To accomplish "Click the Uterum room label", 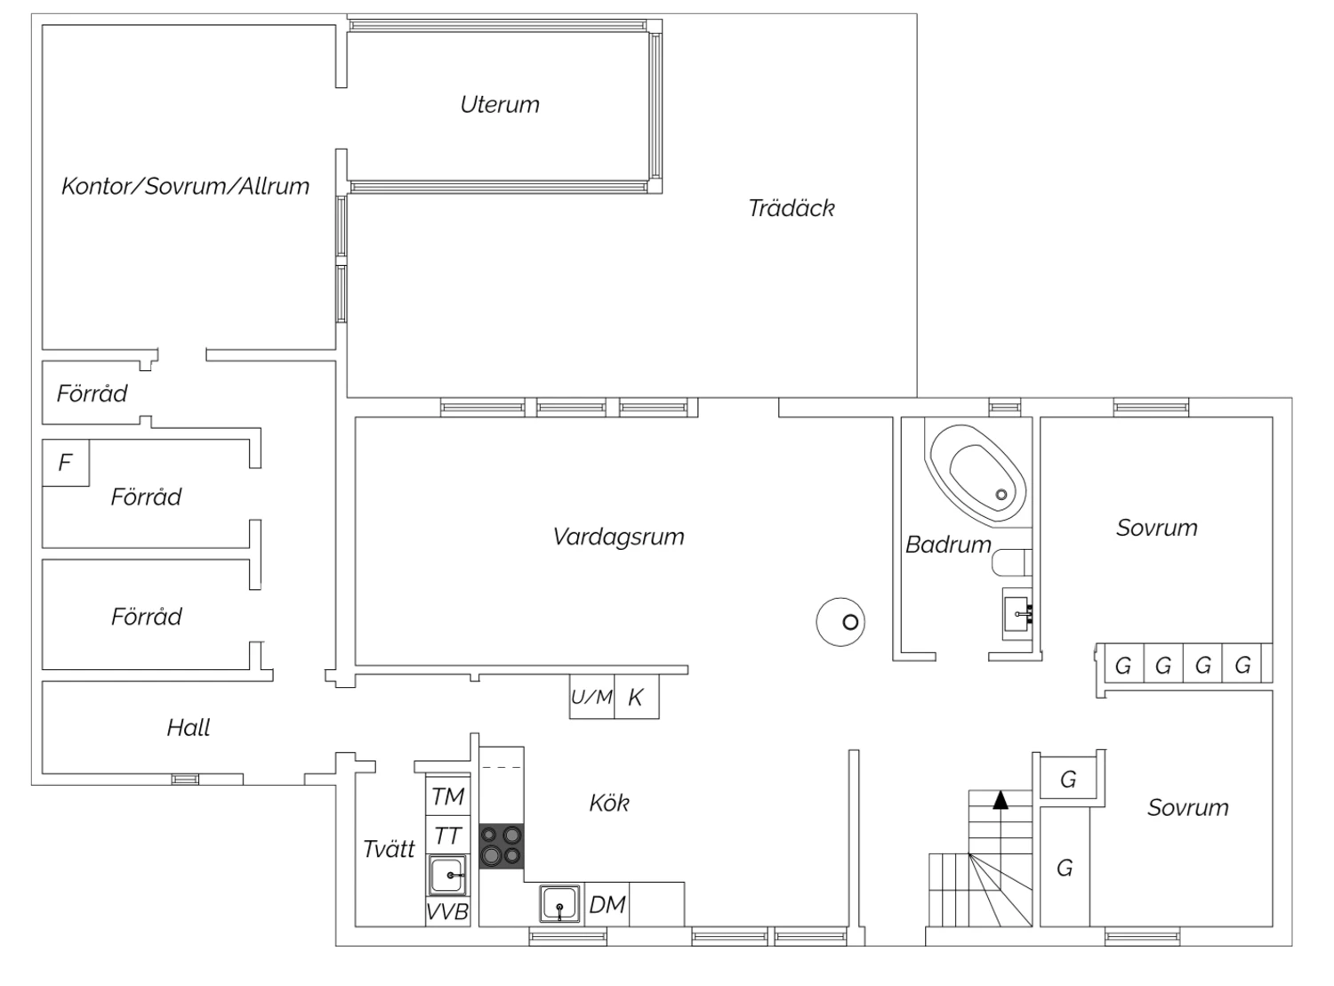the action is pyautogui.click(x=499, y=105).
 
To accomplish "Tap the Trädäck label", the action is pyautogui.click(x=791, y=208).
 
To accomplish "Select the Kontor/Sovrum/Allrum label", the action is pyautogui.click(x=185, y=186).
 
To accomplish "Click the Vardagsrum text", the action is pyautogui.click(x=618, y=537).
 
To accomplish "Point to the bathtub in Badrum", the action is pyautogui.click(x=978, y=473).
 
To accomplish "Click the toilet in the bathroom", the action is pyautogui.click(x=1011, y=562).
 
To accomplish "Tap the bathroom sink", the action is pyautogui.click(x=1017, y=614).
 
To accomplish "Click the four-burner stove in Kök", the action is pyautogui.click(x=501, y=845).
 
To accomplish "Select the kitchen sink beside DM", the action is pyautogui.click(x=560, y=903).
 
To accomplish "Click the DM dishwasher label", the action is pyautogui.click(x=607, y=905).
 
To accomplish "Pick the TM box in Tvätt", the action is pyautogui.click(x=448, y=796).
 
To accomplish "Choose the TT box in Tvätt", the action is pyautogui.click(x=448, y=836).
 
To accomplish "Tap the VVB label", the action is pyautogui.click(x=447, y=912).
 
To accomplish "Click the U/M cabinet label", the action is pyautogui.click(x=591, y=697).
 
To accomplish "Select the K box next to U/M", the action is pyautogui.click(x=637, y=697).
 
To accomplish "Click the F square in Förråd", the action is pyautogui.click(x=66, y=463).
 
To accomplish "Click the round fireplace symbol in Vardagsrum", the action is pyautogui.click(x=840, y=622).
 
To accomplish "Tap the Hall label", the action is pyautogui.click(x=189, y=728).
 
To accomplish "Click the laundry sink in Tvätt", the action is pyautogui.click(x=446, y=876).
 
